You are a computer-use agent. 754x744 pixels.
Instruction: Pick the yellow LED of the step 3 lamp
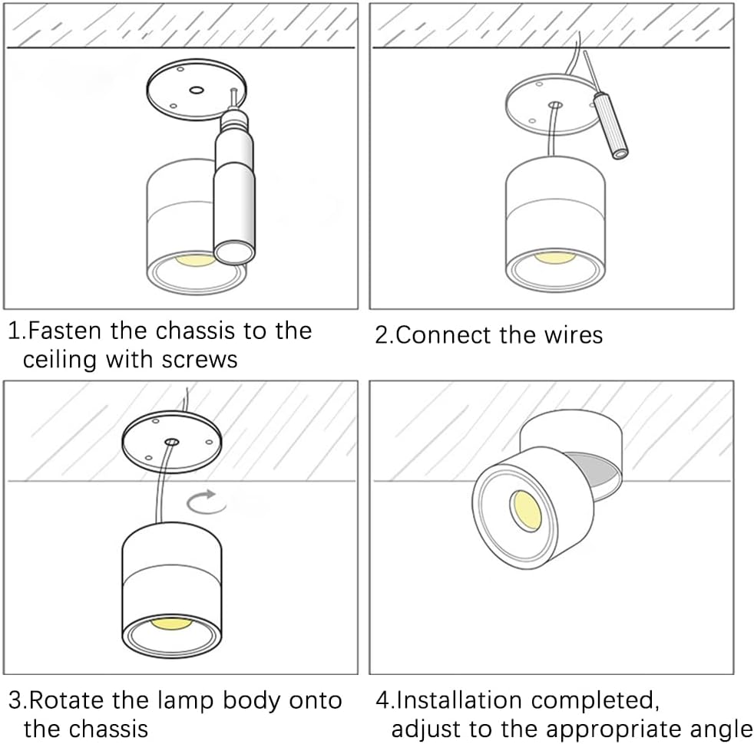click(170, 622)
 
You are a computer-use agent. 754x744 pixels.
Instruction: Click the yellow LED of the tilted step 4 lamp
click(526, 509)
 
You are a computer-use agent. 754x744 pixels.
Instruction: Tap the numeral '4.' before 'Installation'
click(385, 700)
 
